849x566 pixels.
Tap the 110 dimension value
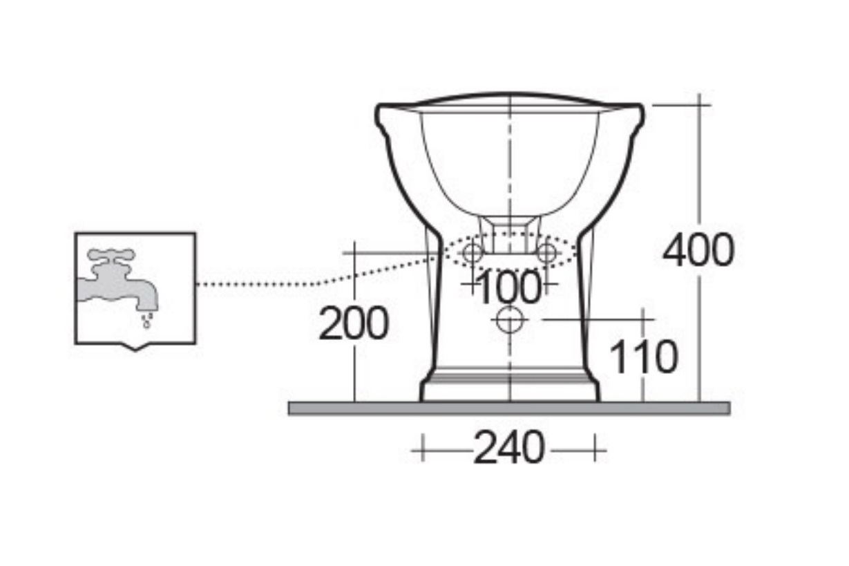(x=642, y=357)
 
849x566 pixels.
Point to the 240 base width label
(x=509, y=449)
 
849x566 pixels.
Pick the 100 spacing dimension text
(x=509, y=287)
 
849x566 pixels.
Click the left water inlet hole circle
(x=473, y=253)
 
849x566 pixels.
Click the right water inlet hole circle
(x=546, y=253)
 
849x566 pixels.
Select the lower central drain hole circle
(x=510, y=320)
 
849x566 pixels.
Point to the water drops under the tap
(x=146, y=320)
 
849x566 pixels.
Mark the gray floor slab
(x=508, y=408)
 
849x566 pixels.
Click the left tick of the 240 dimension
(x=421, y=451)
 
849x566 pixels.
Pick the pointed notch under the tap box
(x=135, y=346)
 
